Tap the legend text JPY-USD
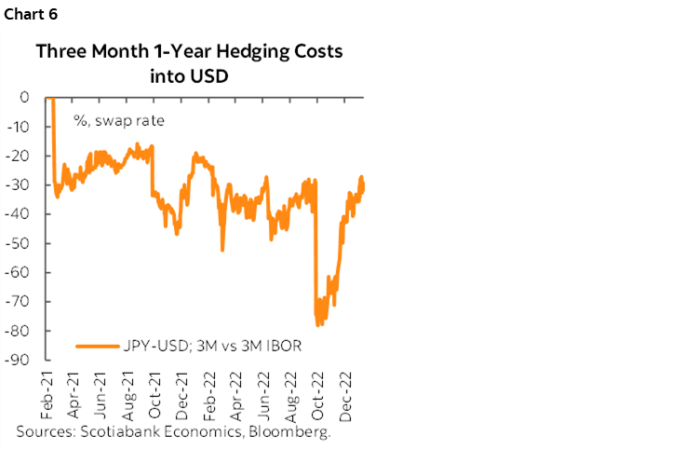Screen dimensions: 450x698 click(x=153, y=348)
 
